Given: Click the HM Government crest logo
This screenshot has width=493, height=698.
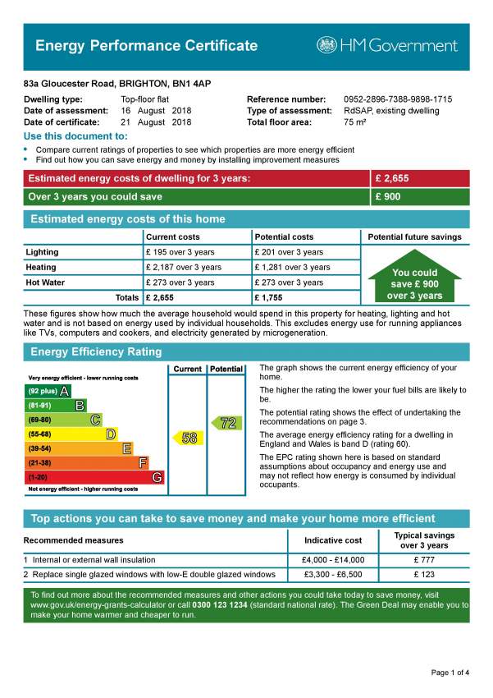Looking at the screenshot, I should tap(327, 45).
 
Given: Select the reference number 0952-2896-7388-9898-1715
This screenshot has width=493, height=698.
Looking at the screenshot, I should tap(397, 99).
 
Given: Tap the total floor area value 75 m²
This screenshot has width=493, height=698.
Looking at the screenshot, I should tap(355, 122).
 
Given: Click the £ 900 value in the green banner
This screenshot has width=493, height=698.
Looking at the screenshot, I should tap(389, 197).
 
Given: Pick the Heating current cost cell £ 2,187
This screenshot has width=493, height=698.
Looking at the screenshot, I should tap(183, 267).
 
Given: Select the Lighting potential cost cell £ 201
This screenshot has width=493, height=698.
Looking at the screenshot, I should tap(289, 252).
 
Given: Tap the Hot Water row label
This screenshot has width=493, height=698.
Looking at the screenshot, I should tap(45, 282).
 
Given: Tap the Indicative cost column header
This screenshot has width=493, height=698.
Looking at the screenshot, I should tap(333, 540).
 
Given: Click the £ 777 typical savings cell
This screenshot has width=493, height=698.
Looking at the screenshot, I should tap(427, 559).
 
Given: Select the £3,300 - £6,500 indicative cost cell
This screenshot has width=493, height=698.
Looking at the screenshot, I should tap(333, 574).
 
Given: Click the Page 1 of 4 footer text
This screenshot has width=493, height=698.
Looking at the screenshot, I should tap(450, 673).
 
